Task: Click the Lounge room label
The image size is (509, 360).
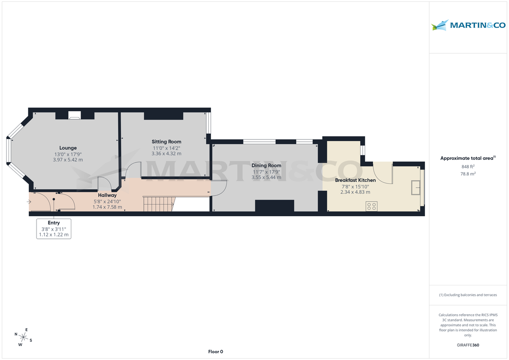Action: [68, 148]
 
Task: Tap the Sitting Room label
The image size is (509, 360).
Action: [167, 142]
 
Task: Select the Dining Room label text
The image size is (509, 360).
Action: [266, 165]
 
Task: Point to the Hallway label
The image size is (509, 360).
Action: [107, 195]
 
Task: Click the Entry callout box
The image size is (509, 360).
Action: [54, 229]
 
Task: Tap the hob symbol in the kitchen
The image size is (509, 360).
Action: [372, 206]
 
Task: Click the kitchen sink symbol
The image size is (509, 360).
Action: [415, 187]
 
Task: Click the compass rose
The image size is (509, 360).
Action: [23, 337]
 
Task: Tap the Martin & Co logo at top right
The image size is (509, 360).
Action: [468, 25]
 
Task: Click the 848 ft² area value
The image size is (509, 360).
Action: [468, 167]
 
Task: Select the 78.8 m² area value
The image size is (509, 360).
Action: [468, 174]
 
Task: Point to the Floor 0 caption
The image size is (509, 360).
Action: [215, 352]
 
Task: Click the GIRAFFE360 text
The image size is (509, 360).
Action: [468, 345]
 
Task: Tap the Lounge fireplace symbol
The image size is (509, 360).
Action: [75, 115]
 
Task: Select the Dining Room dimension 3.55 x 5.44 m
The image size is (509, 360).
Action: [266, 177]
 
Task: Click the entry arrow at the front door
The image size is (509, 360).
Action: [28, 202]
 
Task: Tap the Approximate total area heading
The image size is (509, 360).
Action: [468, 158]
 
